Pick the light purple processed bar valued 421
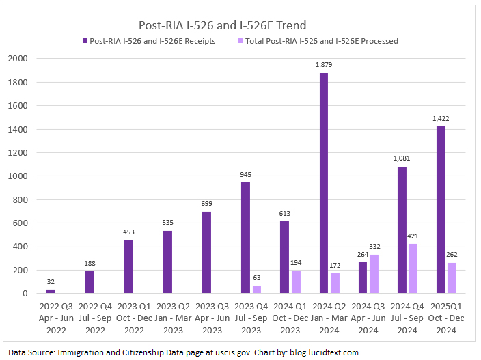pyautogui.click(x=413, y=268)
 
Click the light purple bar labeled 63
pyautogui.click(x=257, y=290)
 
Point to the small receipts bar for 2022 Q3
pyautogui.click(x=51, y=292)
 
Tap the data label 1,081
pyautogui.click(x=402, y=158)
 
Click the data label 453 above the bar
pyautogui.click(x=128, y=232)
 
